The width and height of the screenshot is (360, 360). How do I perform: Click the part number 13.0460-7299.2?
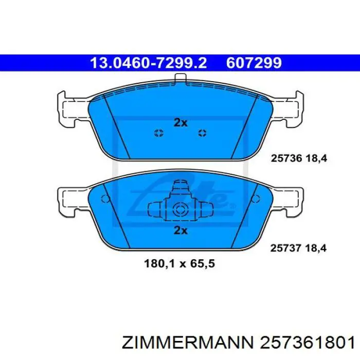pos(148,63)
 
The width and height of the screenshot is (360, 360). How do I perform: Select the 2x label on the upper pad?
pos(181,122)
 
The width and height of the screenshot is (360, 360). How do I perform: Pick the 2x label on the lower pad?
pos(181,230)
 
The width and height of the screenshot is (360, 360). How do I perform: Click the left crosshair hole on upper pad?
pos(159,133)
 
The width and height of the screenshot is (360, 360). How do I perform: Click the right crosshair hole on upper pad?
pos(202,133)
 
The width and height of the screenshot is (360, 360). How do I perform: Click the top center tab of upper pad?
pos(181,79)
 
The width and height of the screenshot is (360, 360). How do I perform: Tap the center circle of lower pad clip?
pos(180,210)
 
